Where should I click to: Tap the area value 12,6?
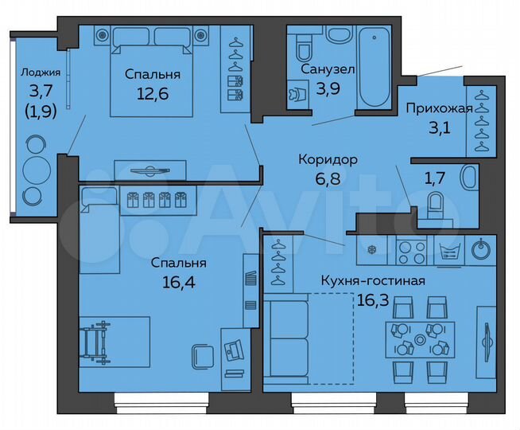point(152,93)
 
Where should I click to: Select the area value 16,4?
point(181,280)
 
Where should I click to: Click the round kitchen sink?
point(480,250)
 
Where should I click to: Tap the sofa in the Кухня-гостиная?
point(285,338)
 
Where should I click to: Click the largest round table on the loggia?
point(36,170)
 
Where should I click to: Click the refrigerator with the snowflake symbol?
point(370,250)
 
